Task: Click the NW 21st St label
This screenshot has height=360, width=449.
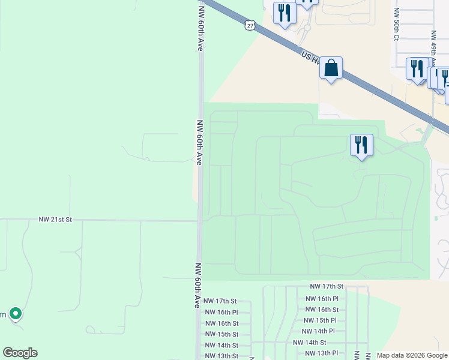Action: point(55,220)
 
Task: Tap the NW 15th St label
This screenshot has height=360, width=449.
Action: point(221,334)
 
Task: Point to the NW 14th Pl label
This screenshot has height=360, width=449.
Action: point(318,331)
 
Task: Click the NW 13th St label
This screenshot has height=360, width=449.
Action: point(221,356)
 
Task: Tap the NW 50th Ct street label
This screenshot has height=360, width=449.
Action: point(396,25)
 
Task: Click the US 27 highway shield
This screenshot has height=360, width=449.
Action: point(250,25)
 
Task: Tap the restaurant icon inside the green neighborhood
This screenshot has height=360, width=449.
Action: point(361,145)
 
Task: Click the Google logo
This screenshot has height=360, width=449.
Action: point(20,353)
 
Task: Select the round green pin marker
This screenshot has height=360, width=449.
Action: point(16,313)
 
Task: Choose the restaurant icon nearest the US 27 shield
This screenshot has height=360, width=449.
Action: point(285,13)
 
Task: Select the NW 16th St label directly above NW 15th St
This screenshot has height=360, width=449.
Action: point(221,323)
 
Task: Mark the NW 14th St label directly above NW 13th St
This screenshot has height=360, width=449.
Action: point(221,346)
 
